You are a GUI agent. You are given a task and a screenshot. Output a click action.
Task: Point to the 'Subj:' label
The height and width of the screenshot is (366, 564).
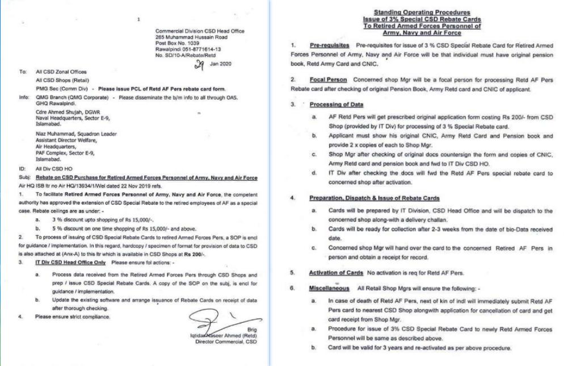[x=23, y=177]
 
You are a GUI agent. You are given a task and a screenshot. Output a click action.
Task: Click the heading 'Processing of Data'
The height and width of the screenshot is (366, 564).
[x=336, y=105]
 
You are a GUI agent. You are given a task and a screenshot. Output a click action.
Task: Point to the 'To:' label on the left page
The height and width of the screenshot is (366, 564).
[x=23, y=73]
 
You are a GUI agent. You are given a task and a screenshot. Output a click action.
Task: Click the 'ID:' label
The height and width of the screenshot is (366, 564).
[x=22, y=169]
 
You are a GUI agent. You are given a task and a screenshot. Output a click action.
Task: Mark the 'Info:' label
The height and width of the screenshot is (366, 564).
[x=23, y=97]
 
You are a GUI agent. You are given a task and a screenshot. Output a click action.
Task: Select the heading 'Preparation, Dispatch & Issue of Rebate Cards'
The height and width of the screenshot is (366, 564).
[x=374, y=198]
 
